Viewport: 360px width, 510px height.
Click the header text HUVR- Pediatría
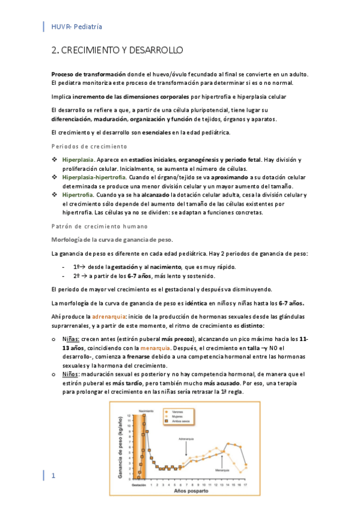pyautogui.click(x=76, y=26)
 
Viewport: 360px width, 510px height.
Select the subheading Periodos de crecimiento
pyautogui.click(x=89, y=146)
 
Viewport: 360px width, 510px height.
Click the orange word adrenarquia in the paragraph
pyautogui.click(x=108, y=316)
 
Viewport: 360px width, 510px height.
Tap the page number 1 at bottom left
pyautogui.click(x=53, y=476)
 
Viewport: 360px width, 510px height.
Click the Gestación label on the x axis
pyautogui.click(x=139, y=484)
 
